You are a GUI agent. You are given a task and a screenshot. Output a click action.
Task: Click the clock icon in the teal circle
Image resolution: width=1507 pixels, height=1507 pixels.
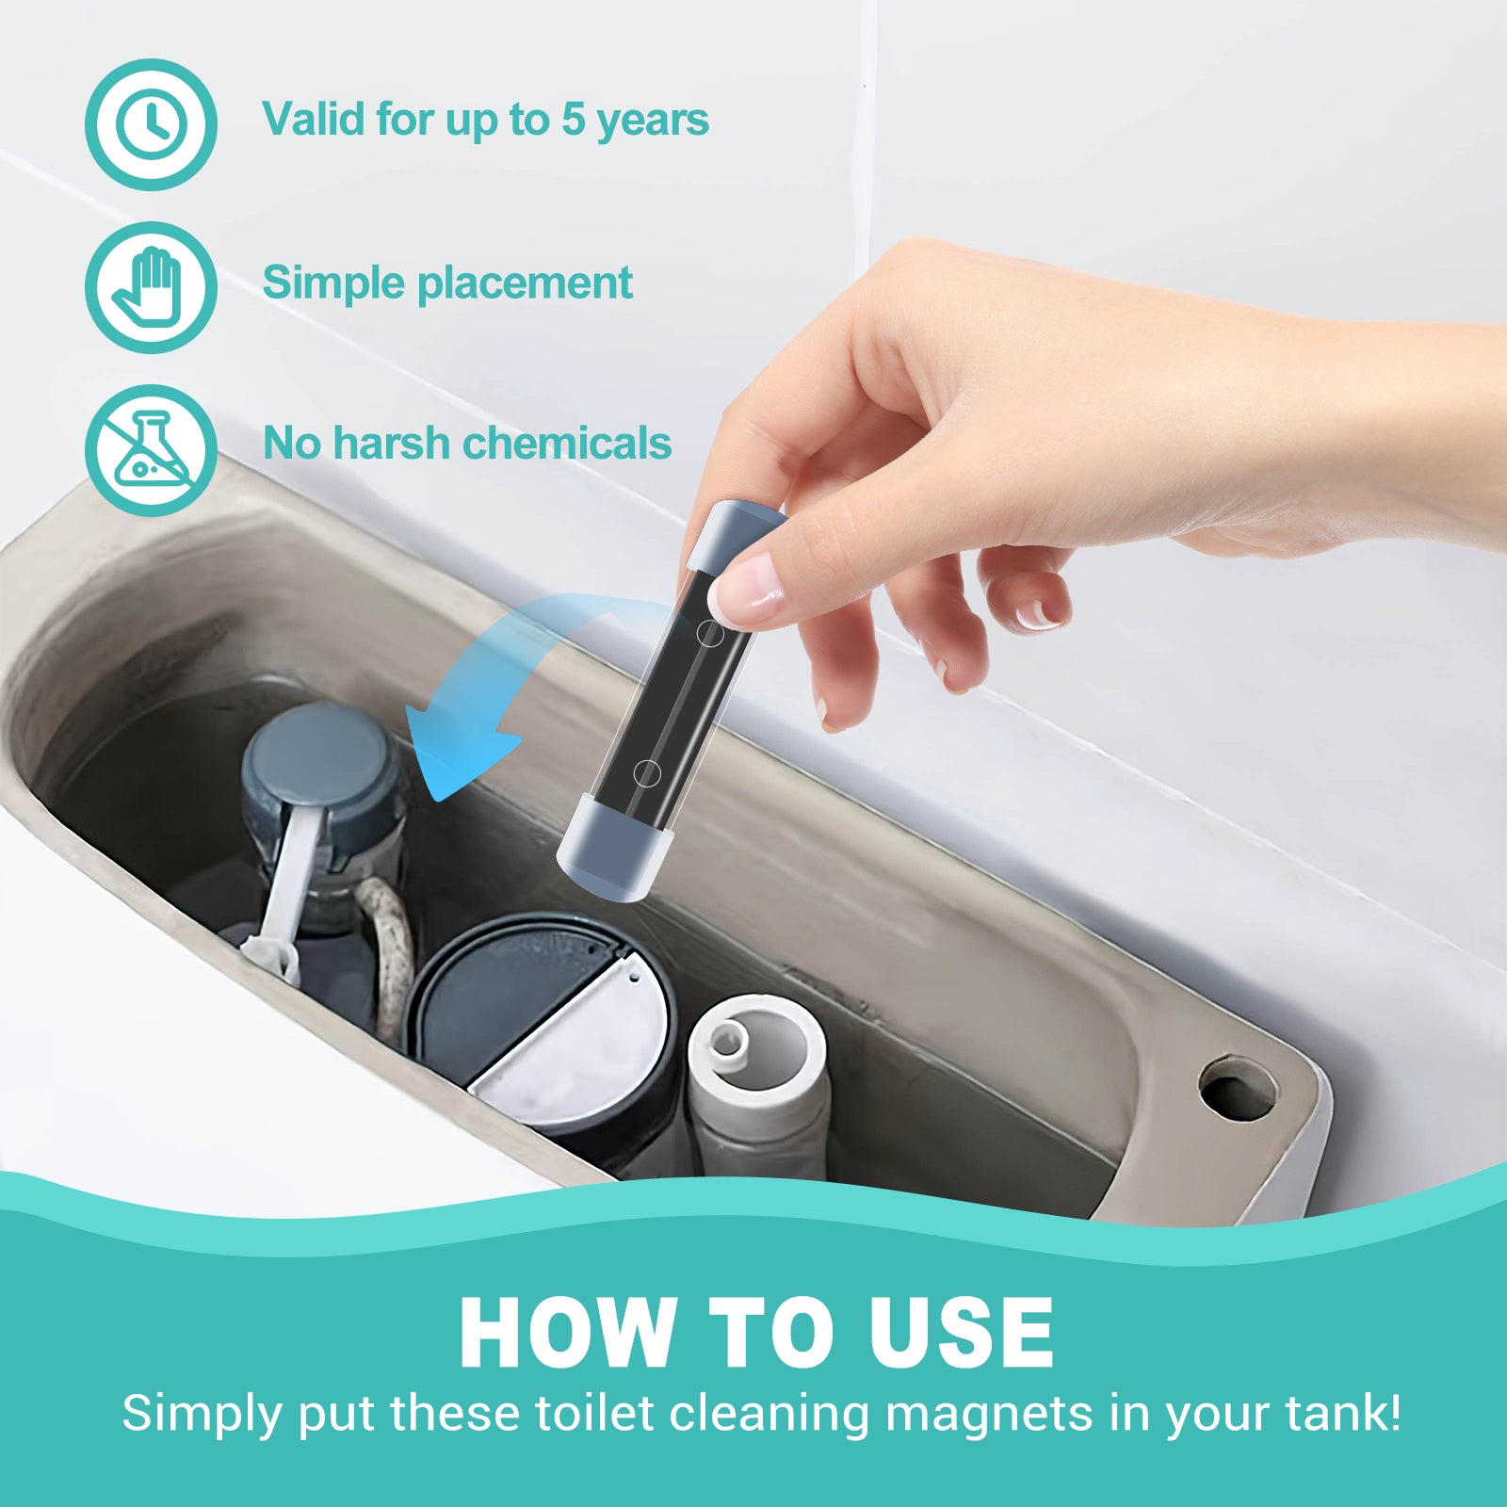pyautogui.click(x=151, y=124)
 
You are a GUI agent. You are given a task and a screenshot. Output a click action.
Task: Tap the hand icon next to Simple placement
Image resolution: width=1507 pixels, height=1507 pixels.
pyautogui.click(x=151, y=287)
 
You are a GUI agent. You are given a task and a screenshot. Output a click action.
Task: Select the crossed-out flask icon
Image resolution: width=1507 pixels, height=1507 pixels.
pyautogui.click(x=151, y=450)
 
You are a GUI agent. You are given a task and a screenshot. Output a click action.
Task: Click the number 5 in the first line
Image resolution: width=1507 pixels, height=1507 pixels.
pyautogui.click(x=573, y=120)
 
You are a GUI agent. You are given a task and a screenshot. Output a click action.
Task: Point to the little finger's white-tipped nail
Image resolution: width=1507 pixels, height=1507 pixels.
pyautogui.click(x=1037, y=617)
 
